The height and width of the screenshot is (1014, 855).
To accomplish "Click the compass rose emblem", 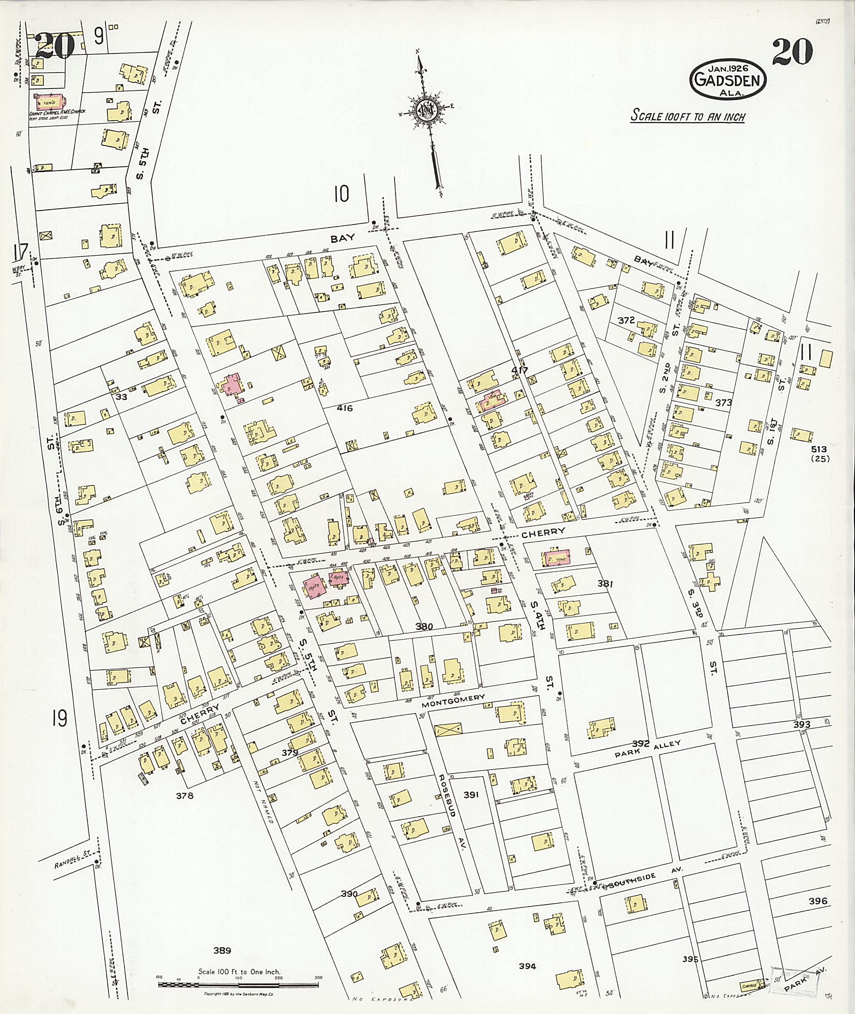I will [430, 111].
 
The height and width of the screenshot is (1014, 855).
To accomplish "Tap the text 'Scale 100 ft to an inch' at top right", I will [687, 116].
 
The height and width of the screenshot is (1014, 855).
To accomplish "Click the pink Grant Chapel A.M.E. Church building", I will [48, 102].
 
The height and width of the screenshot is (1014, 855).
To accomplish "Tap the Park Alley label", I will [648, 749].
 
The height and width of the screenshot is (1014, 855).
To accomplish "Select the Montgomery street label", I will [453, 698].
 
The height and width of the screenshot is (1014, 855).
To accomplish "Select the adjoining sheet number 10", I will [341, 195].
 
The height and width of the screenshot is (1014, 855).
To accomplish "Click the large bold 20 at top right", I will [792, 52].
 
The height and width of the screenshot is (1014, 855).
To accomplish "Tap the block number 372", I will [626, 320].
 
